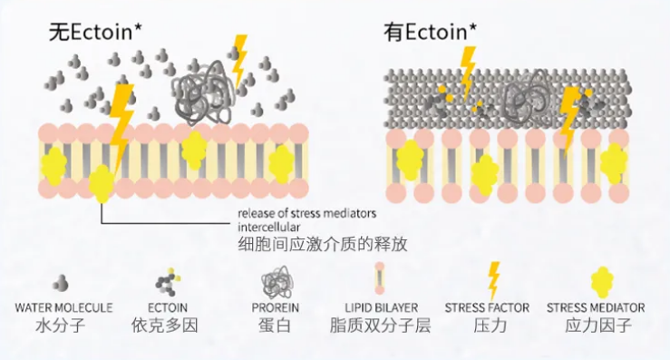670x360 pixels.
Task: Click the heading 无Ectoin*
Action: coord(95,32)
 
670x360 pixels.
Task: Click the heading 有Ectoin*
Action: coord(431,32)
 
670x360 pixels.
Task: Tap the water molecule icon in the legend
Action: coord(61,283)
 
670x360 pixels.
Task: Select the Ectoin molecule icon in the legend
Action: coord(167,281)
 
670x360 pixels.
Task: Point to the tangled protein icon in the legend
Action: coord(276,282)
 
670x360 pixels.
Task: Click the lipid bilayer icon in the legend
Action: coord(380,278)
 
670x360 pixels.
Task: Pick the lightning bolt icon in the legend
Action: coord(493,281)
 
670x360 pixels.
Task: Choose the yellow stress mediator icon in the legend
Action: coord(603,283)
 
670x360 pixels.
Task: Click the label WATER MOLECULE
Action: coord(63,307)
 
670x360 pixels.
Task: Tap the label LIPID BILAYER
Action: coord(382,307)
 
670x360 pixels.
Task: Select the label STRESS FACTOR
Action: coord(487,307)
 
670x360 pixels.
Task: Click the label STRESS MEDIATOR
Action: coord(596,307)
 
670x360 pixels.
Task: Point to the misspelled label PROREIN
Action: coord(276,307)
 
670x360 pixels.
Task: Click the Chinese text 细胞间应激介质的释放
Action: coord(323,244)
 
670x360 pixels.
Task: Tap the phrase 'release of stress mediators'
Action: coord(306,213)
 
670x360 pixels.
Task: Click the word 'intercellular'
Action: coord(268,227)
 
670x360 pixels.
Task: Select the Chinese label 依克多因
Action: coord(165,326)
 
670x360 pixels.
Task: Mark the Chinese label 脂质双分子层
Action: coord(380,326)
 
